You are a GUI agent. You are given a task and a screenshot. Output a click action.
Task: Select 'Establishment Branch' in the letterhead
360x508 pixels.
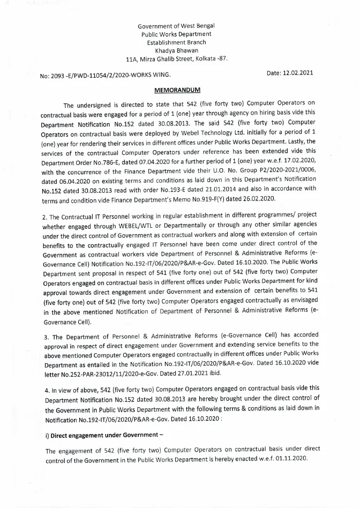[176, 42]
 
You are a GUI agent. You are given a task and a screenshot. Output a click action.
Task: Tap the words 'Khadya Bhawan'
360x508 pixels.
[176, 50]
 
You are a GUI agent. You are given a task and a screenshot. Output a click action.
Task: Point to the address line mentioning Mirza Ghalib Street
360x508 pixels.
[176, 59]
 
